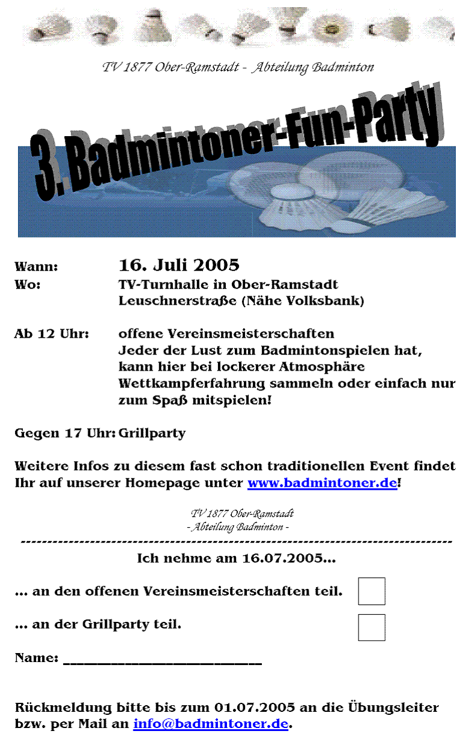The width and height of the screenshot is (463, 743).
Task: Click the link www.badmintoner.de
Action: [x=322, y=483]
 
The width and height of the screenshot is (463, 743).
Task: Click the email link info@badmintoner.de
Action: [x=211, y=724]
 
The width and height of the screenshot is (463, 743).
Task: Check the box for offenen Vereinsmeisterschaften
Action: [x=371, y=591]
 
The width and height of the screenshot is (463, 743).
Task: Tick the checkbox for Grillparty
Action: [x=371, y=627]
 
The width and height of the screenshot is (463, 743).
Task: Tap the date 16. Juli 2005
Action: [x=179, y=265]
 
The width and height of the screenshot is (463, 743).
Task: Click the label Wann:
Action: [x=36, y=267]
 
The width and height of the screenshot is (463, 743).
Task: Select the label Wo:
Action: [x=28, y=284]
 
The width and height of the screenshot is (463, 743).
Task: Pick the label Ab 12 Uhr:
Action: [x=52, y=334]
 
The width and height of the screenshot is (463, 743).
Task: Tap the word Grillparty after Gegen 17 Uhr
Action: [x=152, y=434]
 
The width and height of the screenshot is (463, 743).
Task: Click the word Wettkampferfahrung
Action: [x=192, y=384]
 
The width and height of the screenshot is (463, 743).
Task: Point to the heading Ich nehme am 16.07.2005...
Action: [x=235, y=559]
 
